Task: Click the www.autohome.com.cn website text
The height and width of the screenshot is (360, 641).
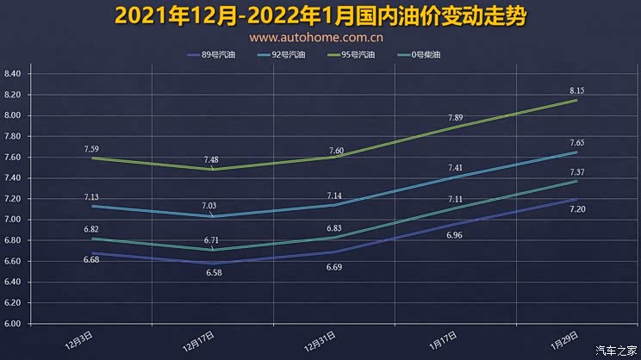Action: click(x=316, y=37)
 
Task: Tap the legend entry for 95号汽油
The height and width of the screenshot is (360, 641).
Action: click(x=358, y=55)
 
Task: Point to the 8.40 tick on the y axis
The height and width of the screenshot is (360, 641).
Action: click(x=17, y=73)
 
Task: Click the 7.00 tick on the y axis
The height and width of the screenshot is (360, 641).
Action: click(x=17, y=220)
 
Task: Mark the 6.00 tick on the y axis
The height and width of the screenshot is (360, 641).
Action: click(x=17, y=324)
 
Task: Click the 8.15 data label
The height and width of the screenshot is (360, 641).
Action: click(x=576, y=90)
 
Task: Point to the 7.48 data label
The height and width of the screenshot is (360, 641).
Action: click(x=212, y=159)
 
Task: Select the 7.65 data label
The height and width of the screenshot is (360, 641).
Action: click(x=576, y=142)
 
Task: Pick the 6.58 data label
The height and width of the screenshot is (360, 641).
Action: click(x=212, y=272)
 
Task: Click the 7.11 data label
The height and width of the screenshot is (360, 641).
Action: click(x=455, y=199)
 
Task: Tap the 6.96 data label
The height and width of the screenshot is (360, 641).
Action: click(x=455, y=234)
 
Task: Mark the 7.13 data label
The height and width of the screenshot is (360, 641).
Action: click(x=90, y=196)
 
